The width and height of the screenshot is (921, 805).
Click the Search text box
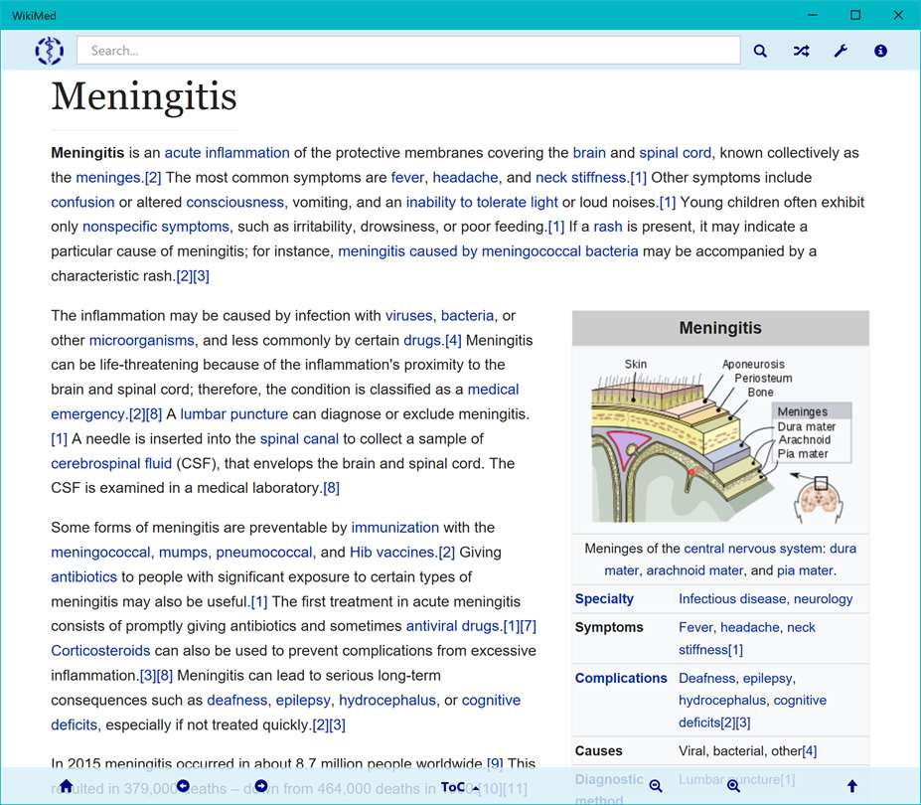(407, 51)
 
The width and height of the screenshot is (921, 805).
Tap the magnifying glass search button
(760, 51)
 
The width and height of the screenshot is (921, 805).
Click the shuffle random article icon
(801, 51)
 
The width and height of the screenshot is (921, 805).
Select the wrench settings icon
(841, 51)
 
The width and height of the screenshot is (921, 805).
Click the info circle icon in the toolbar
(880, 51)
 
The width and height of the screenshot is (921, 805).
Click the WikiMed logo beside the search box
(49, 51)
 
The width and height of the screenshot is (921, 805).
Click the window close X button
(897, 15)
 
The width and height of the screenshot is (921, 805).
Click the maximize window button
(855, 15)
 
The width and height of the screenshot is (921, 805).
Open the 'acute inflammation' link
(227, 153)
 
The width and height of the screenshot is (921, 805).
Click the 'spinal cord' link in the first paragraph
(675, 153)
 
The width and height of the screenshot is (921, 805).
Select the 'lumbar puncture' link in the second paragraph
(233, 414)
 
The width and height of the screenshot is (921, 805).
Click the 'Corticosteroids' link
(100, 651)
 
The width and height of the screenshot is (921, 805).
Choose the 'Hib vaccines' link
(392, 553)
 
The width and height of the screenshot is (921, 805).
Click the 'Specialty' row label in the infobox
(604, 599)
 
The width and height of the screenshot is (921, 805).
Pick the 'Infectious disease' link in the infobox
(731, 599)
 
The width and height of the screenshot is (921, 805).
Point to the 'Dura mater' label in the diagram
(806, 426)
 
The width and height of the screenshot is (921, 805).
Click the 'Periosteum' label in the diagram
(763, 379)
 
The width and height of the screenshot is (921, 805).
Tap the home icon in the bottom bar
(67, 786)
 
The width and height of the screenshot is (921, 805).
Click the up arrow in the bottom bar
(851, 786)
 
